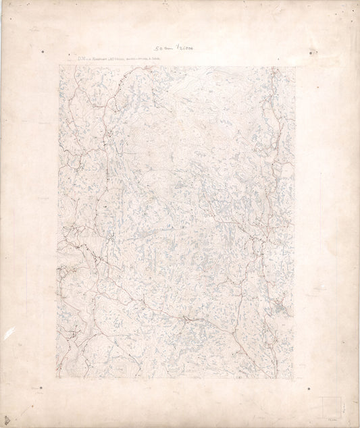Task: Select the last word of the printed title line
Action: [166, 59]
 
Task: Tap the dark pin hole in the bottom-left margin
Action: [40, 388]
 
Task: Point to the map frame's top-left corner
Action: [59, 65]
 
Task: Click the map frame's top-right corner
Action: [295, 65]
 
